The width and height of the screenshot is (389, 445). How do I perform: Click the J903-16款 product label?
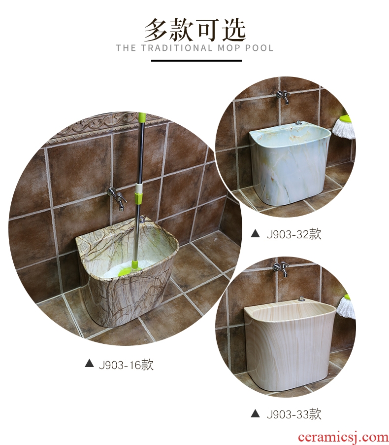point(126,365)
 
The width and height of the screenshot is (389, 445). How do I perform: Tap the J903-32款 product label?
point(294,234)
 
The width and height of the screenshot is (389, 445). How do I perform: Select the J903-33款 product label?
point(294,414)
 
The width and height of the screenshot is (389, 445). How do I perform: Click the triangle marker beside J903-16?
point(89,363)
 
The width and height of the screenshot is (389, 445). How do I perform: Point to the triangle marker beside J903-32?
point(255,233)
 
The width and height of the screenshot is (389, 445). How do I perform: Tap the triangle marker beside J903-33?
point(255,413)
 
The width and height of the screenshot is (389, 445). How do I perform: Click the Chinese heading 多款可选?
point(194,30)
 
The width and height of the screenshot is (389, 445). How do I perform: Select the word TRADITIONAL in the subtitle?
point(176,48)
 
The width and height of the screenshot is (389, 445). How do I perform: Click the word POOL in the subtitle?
point(259,48)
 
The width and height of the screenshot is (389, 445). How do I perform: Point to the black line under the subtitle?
point(196,61)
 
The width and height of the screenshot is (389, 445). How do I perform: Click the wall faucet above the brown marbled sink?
point(117,197)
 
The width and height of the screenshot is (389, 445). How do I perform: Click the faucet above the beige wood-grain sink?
point(281,268)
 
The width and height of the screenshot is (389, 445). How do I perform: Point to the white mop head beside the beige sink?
point(346,306)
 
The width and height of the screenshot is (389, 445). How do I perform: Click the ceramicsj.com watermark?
point(343,437)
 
